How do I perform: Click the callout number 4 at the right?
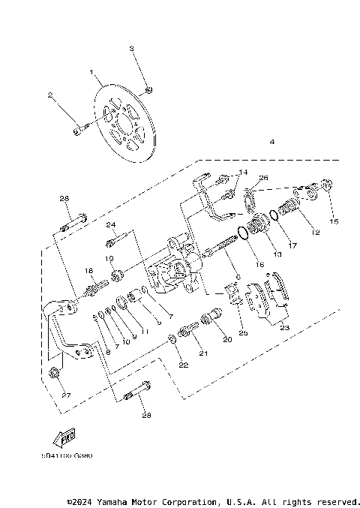pyautogui.click(x=271, y=142)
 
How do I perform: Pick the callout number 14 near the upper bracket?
pyautogui.click(x=244, y=173)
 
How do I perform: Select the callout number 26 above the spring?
pyautogui.click(x=262, y=178)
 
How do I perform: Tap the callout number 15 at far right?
pyautogui.click(x=334, y=221)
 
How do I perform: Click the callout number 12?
pyautogui.click(x=315, y=233)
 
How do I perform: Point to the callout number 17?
pyautogui.click(x=293, y=245)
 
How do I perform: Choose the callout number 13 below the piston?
pyautogui.click(x=277, y=255)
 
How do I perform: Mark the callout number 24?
pyautogui.click(x=111, y=224)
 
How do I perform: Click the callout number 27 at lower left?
pyautogui.click(x=65, y=395)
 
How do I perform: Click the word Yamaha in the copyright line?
pyautogui.click(x=121, y=501)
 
